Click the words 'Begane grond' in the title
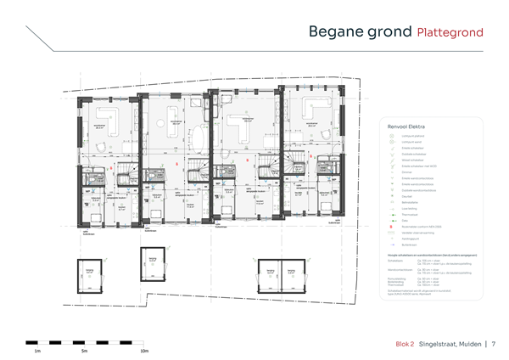pyautogui.click(x=359, y=32)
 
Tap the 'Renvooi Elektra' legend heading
pyautogui.click(x=401, y=125)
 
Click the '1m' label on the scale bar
pyautogui.click(x=36, y=350)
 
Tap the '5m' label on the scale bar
pyautogui.click(x=84, y=350)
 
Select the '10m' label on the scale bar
pyautogui.click(x=143, y=350)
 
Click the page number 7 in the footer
pyautogui.click(x=493, y=344)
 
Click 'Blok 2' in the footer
pyautogui.click(x=405, y=344)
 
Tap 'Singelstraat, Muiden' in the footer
pyautogui.click(x=450, y=344)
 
